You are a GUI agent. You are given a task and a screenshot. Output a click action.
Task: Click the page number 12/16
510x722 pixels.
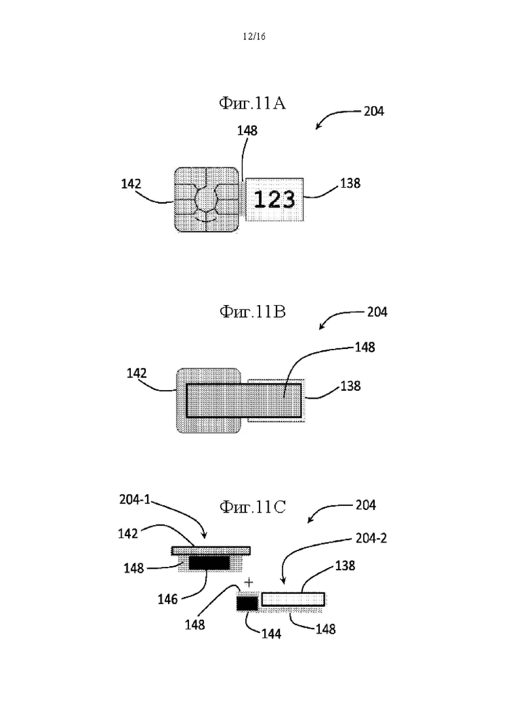click(x=254, y=37)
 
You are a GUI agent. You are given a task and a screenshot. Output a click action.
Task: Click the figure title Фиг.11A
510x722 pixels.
click(x=252, y=103)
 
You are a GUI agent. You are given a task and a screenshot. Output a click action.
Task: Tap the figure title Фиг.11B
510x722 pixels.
click(x=252, y=312)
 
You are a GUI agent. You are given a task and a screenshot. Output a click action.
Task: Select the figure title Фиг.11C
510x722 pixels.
click(x=252, y=507)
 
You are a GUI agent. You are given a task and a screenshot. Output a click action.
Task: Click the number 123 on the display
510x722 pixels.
click(x=274, y=200)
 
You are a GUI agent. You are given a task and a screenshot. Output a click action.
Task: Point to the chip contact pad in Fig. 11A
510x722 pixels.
click(x=207, y=199)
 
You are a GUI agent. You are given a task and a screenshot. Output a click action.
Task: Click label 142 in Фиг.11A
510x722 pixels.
click(x=131, y=184)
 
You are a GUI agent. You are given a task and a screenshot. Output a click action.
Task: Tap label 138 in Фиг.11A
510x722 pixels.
click(x=350, y=183)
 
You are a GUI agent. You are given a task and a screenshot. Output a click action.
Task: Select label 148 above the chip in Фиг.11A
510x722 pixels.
click(x=247, y=131)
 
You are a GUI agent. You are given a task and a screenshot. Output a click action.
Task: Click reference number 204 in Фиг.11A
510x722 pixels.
click(x=373, y=111)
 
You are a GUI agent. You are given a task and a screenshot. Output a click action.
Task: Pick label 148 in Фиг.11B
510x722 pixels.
click(x=365, y=347)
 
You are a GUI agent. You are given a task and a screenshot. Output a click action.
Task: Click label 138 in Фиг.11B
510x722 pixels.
click(x=350, y=386)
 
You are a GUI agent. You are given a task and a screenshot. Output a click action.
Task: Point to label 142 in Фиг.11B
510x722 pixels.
click(x=137, y=373)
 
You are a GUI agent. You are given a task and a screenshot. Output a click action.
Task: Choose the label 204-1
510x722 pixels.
click(x=135, y=499)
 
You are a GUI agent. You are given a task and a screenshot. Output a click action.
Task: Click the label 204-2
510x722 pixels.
click(x=371, y=538)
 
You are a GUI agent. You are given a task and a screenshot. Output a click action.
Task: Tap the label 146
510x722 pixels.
click(x=167, y=599)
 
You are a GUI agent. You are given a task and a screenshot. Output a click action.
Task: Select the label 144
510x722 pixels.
click(x=271, y=634)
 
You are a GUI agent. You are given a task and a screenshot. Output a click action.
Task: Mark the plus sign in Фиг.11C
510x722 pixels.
click(x=248, y=583)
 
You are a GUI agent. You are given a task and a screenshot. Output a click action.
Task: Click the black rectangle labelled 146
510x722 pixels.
click(x=209, y=562)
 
